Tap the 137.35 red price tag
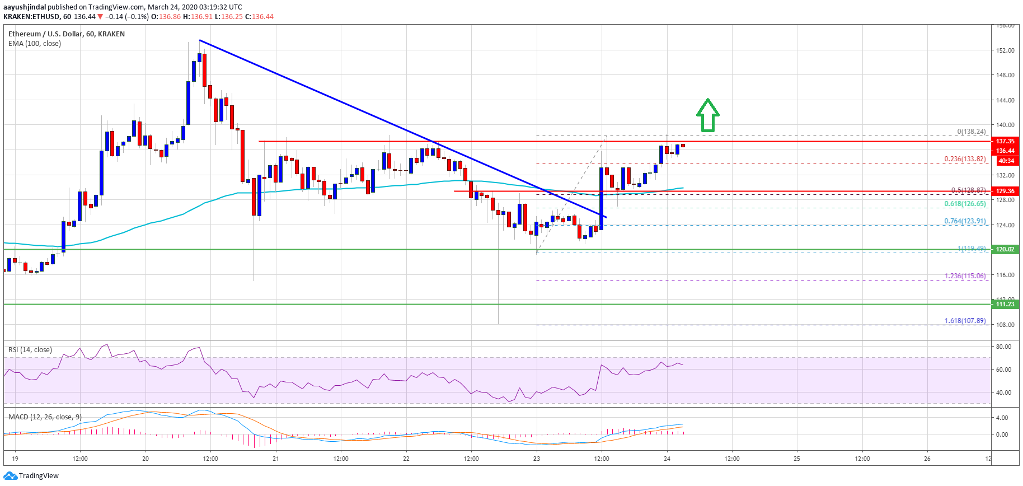[x=1005, y=141]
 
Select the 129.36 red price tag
[x=1005, y=191]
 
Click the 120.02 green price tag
[x=1005, y=249]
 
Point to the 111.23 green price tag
[x=1005, y=304]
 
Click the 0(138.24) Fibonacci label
[x=971, y=132]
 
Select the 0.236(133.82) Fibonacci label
[x=965, y=159]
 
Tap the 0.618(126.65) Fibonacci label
[x=965, y=204]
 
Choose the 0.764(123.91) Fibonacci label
[x=965, y=221]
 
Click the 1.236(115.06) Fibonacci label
[x=965, y=276]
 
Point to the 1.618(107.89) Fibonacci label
[x=965, y=321]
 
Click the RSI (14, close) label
[x=30, y=350]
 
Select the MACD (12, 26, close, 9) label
[x=45, y=417]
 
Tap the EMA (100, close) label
[x=35, y=44]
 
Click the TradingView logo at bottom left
[x=31, y=476]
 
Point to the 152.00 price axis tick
[x=1005, y=50]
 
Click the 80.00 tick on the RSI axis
[x=1003, y=347]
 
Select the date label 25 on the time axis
[x=797, y=459]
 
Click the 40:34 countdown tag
[x=1006, y=161]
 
